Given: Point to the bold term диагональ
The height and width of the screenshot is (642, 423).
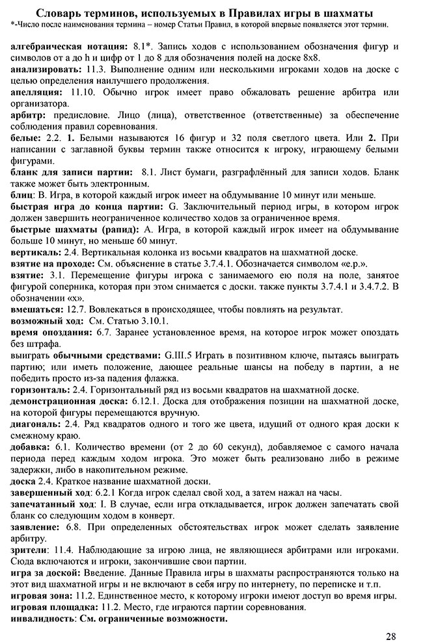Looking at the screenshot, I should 36,423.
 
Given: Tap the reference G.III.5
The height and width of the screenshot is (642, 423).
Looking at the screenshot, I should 182,356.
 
